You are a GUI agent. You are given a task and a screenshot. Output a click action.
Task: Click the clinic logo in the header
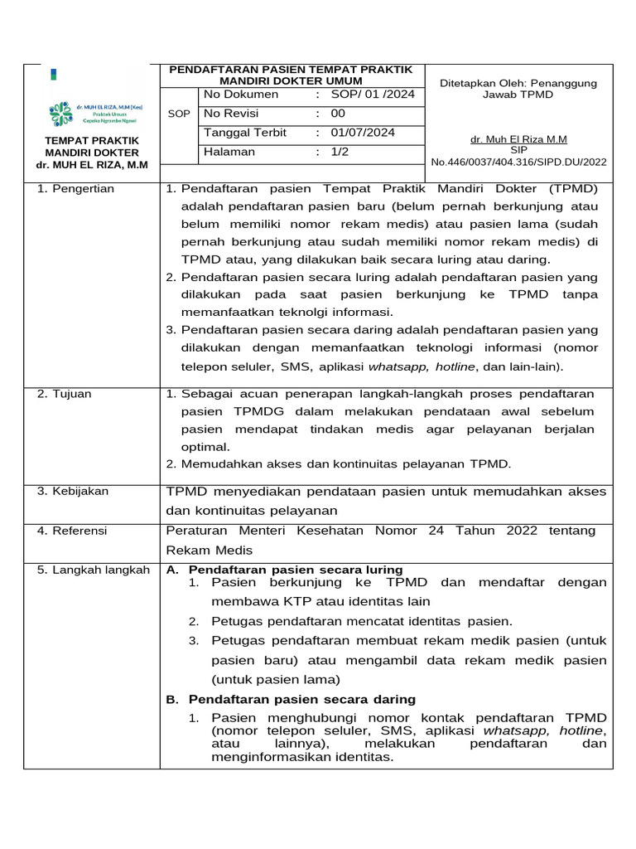tap(60, 114)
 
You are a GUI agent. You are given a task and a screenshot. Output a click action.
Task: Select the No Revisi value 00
tap(338, 114)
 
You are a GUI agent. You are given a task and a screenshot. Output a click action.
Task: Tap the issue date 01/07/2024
tap(363, 133)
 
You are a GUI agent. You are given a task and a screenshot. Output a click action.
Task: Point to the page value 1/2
tap(340, 152)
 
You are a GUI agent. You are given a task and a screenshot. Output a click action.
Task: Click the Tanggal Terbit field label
tap(245, 133)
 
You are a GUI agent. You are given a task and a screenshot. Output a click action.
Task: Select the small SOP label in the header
tap(178, 114)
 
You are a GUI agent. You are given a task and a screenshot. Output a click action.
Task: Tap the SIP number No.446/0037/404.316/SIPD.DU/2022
tap(518, 162)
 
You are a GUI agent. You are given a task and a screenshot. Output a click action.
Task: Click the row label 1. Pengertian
tap(76, 189)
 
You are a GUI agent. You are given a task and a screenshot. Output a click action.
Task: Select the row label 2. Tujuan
tap(65, 394)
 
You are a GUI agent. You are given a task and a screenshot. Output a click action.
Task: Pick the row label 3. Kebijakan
tap(73, 492)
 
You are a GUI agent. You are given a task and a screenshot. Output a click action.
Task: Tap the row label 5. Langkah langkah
tap(94, 570)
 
